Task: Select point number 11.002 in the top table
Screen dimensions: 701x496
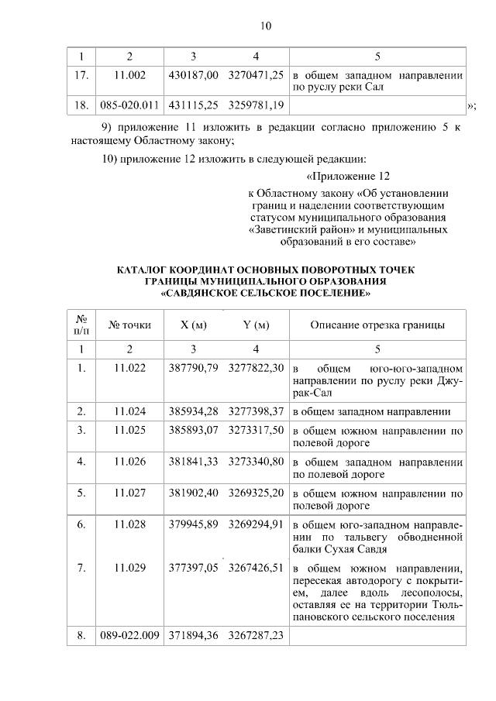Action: (129, 77)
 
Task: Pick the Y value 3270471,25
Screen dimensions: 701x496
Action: (256, 77)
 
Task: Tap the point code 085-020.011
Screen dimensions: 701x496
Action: (129, 105)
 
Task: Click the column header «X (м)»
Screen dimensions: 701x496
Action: (193, 325)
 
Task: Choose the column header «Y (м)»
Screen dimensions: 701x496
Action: (256, 325)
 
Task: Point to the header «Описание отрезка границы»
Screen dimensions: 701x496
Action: (377, 325)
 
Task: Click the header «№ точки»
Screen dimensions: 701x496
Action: (129, 325)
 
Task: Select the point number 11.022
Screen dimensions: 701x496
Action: (129, 367)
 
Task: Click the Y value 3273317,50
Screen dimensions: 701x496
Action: (256, 429)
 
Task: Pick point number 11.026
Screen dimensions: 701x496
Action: (129, 462)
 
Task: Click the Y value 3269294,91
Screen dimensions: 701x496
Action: (256, 525)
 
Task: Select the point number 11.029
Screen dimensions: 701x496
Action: (129, 568)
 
